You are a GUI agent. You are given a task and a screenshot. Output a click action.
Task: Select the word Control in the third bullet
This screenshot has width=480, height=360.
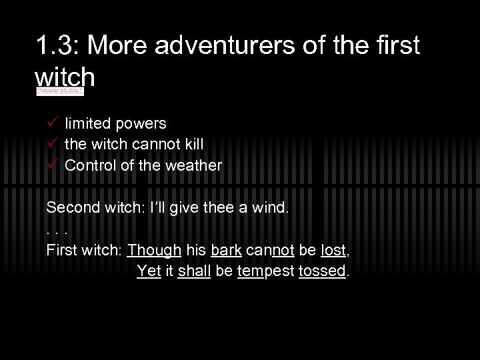[89, 166]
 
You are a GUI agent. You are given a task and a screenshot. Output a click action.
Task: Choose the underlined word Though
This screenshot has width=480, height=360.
[153, 251]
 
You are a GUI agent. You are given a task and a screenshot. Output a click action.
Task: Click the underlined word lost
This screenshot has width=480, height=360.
[333, 251]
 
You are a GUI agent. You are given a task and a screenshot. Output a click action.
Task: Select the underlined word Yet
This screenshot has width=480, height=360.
[149, 273]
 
